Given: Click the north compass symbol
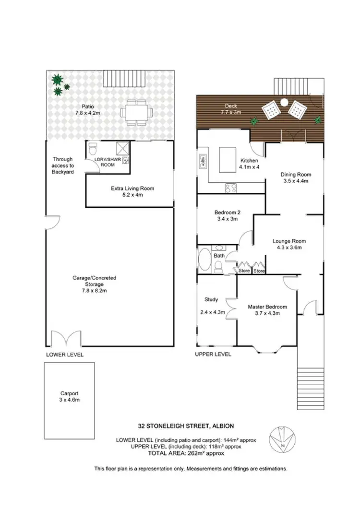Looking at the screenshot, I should pos(278,438).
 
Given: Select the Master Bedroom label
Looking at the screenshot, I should pos(267,307).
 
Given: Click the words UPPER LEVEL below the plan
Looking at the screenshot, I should pos(213,355).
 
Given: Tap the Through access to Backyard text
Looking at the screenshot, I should pos(63,166).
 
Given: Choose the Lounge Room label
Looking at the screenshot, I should pos(289,241).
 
